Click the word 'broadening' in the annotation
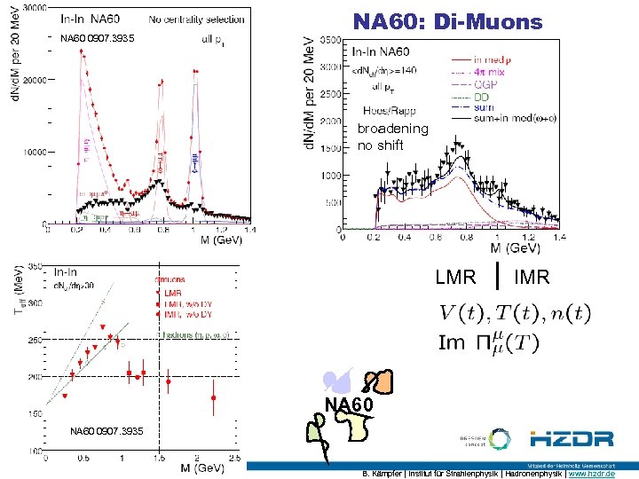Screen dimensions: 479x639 (x=392, y=129)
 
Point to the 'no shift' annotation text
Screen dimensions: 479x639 (x=380, y=145)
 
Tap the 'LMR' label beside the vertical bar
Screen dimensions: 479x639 (x=455, y=278)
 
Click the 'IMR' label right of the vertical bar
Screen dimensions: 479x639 (x=532, y=278)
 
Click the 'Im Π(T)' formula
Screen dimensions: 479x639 (x=487, y=342)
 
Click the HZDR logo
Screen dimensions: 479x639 (x=572, y=438)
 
